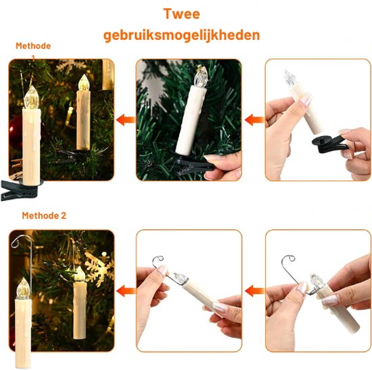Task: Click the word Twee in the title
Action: point(181,14)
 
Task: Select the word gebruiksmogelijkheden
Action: point(182,35)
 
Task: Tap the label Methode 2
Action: point(44,216)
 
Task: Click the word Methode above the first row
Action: point(33,46)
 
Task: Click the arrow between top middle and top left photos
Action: point(126,120)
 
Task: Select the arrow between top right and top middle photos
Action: point(254,120)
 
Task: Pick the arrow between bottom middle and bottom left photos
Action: point(126,292)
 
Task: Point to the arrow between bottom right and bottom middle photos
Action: point(254,292)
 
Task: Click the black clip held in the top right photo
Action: point(330,143)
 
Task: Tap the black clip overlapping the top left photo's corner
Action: point(20,189)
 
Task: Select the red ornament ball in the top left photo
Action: point(16,132)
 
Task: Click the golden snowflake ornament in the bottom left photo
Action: point(99,268)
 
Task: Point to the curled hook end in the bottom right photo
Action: point(289,258)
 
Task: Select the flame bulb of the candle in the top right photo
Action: point(289,78)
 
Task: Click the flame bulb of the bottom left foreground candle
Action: point(23,287)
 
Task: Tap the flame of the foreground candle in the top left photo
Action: point(32,97)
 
